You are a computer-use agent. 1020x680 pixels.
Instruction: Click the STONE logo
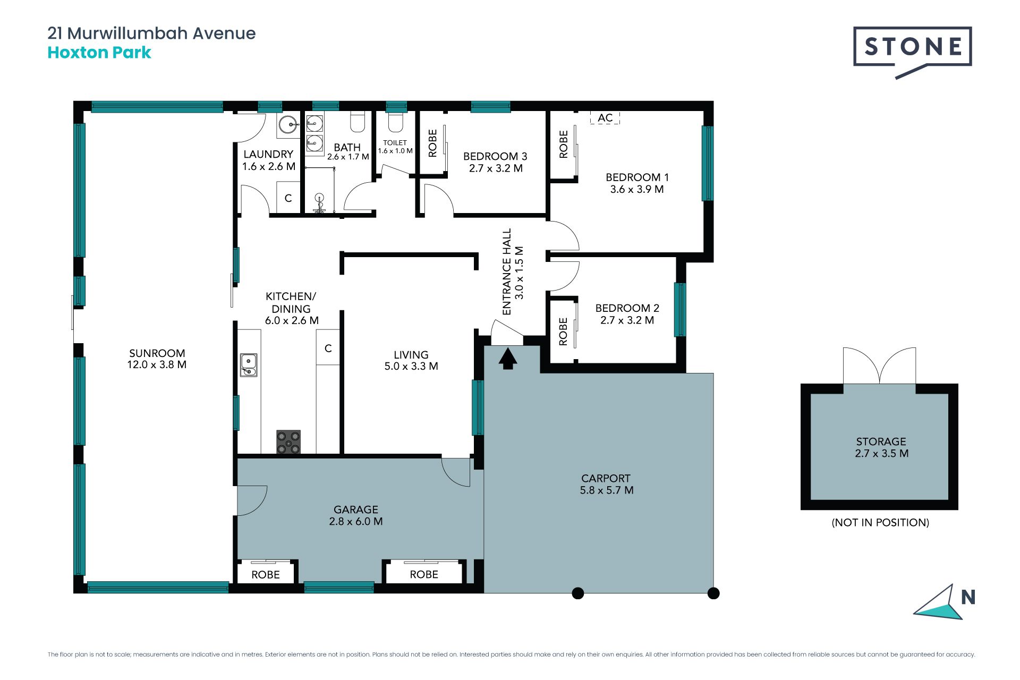pos(912,52)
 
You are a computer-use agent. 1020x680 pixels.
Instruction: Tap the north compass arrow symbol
pos(939,603)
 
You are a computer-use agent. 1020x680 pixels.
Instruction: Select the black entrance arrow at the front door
pos(508,358)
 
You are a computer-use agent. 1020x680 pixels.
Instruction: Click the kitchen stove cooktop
pos(288,442)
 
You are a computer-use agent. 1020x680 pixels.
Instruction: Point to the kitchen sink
pos(249,365)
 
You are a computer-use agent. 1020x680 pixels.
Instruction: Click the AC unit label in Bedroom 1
pos(605,118)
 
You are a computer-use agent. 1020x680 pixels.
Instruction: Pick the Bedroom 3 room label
pos(495,156)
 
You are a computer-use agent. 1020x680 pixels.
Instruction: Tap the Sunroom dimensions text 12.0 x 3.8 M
pos(157,365)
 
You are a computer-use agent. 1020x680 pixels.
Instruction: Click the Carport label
pos(606,478)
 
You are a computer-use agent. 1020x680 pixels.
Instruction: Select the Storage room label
pos(881,441)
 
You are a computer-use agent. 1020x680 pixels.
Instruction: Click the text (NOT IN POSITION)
pos(880,523)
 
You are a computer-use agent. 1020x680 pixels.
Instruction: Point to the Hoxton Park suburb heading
pos(99,53)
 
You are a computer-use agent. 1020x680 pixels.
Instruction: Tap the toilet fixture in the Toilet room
pos(395,122)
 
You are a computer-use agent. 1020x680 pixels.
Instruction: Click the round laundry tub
pos(289,126)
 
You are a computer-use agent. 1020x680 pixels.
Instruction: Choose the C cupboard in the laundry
pos(288,198)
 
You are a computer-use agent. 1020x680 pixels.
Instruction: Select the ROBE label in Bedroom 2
pos(563,331)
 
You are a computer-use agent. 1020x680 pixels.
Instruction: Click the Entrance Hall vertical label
pos(513,272)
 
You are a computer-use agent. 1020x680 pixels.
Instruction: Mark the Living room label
pos(411,354)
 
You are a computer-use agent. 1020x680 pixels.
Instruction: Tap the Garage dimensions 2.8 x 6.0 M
pos(356,522)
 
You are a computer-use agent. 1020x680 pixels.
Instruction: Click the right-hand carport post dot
pos(713,593)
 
